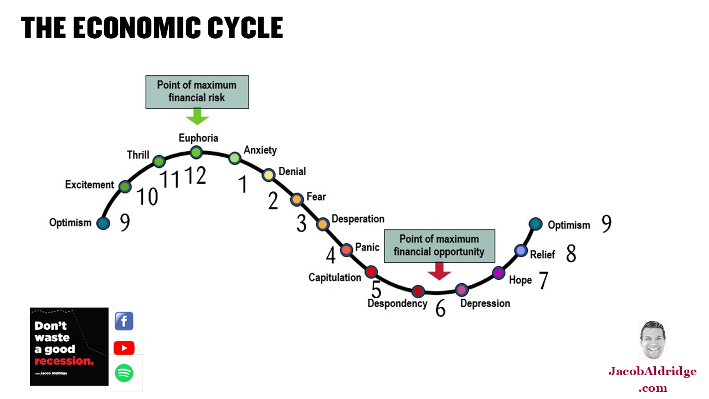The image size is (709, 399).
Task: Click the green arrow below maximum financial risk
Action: tap(197, 116)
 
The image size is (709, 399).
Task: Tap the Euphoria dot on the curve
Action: tap(196, 152)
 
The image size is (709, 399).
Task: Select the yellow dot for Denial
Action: tap(269, 175)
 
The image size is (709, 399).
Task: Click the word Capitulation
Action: tap(335, 278)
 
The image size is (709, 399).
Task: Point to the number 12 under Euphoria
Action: tap(194, 176)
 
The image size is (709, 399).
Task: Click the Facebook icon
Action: tap(124, 321)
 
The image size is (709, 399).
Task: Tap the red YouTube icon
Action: tap(124, 348)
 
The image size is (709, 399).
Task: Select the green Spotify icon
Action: tap(124, 373)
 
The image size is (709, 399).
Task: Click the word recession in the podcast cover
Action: tap(64, 361)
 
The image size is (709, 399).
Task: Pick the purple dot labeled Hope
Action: tap(499, 272)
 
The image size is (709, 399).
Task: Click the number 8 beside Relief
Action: tap(571, 254)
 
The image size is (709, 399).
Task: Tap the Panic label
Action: tap(367, 247)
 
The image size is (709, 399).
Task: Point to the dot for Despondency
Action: tap(418, 291)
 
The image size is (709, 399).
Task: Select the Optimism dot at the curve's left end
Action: tap(103, 223)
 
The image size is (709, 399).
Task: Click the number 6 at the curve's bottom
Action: tap(440, 309)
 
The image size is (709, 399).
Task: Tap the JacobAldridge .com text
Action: tap(653, 379)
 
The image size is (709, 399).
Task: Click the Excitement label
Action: tap(90, 185)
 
